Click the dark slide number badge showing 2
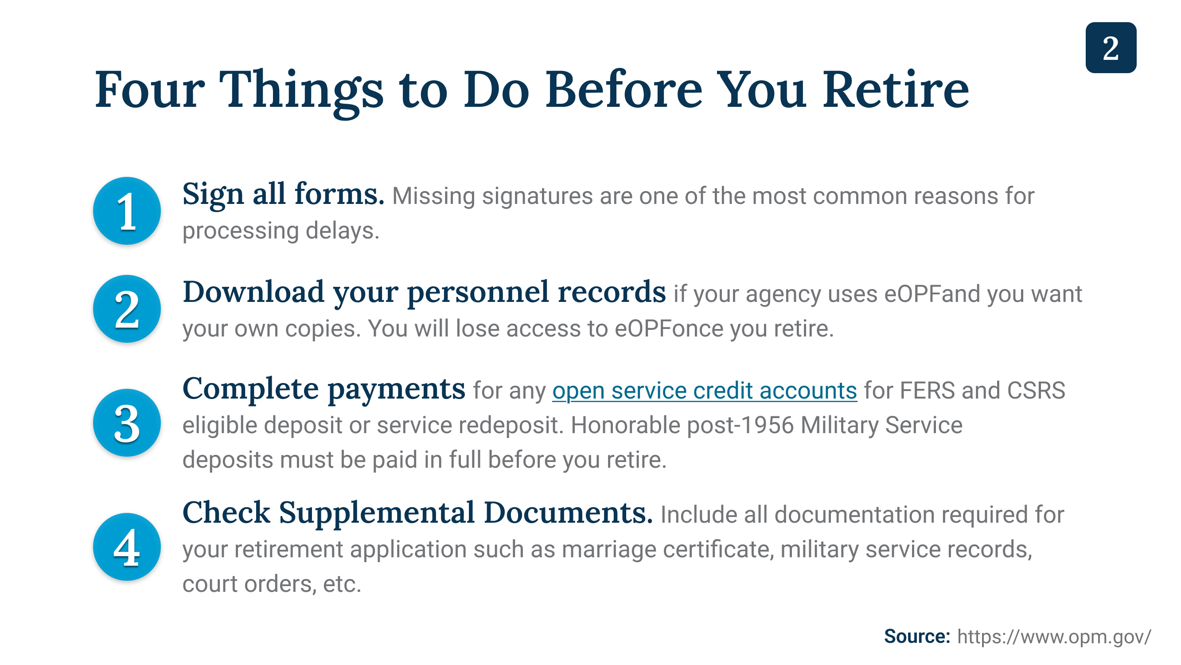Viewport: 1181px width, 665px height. click(x=1111, y=48)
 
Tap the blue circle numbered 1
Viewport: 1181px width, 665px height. click(x=127, y=211)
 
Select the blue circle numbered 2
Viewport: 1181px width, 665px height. click(x=127, y=309)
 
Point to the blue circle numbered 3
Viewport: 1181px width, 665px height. click(x=127, y=423)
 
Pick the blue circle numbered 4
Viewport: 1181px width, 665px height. click(x=127, y=547)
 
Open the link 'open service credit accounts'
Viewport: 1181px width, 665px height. click(x=705, y=391)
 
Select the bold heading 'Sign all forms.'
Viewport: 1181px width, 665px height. click(x=283, y=195)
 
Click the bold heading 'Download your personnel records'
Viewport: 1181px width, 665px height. click(x=424, y=293)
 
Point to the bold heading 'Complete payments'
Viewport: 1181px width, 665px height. click(x=324, y=390)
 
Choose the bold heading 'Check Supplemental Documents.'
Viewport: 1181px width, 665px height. click(x=417, y=513)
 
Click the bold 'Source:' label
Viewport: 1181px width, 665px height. click(x=917, y=637)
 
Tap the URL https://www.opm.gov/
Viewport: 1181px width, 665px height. click(x=1054, y=637)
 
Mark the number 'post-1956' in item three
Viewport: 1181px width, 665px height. click(x=741, y=425)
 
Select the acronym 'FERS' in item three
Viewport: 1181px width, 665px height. click(x=927, y=391)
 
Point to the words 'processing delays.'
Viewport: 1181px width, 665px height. click(x=281, y=231)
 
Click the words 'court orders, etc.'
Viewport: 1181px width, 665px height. click(x=272, y=584)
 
